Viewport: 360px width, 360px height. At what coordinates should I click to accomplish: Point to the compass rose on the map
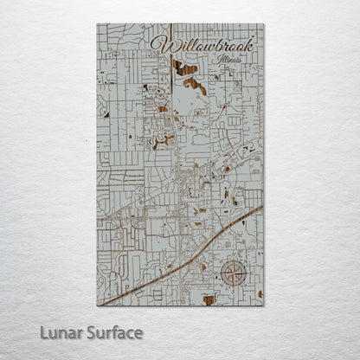pyautogui.click(x=232, y=273)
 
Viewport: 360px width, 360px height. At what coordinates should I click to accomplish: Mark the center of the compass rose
pyautogui.click(x=232, y=273)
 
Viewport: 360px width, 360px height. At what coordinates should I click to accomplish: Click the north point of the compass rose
pyautogui.click(x=232, y=260)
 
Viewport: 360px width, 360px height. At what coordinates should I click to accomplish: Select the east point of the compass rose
pyautogui.click(x=246, y=273)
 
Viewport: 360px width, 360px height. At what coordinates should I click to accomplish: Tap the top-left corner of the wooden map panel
pyautogui.click(x=97, y=24)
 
